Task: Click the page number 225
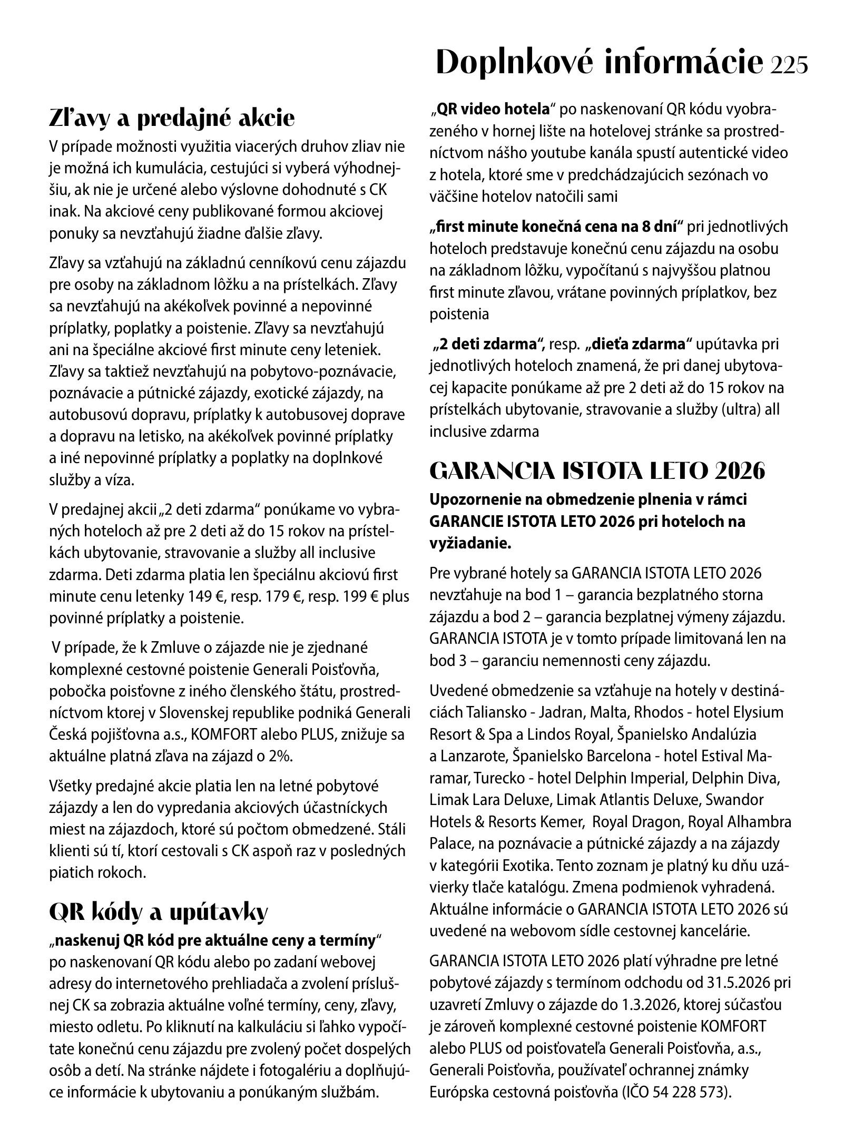tap(788, 64)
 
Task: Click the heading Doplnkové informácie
tap(600, 63)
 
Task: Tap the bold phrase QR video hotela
tap(493, 110)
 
